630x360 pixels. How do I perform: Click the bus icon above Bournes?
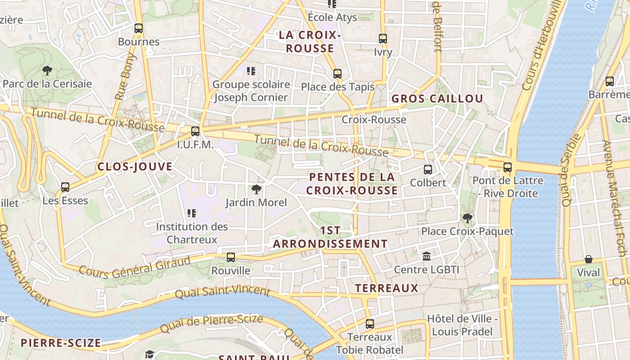[139, 28]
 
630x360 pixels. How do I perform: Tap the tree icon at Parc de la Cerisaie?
[47, 71]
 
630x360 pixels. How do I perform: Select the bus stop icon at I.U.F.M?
[195, 131]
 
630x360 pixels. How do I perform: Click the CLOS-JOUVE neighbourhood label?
[135, 167]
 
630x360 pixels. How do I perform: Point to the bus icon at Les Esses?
[65, 187]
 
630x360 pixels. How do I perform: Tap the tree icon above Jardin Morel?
[256, 189]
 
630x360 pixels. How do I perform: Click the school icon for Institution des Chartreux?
[192, 213]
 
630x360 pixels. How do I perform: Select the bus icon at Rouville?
[231, 257]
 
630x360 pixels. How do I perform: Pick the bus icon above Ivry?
[383, 39]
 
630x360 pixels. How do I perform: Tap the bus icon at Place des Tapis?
[337, 74]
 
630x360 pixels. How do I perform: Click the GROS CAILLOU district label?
[437, 99]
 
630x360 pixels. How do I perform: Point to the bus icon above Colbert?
[428, 170]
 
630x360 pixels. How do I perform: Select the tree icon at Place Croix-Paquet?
[468, 218]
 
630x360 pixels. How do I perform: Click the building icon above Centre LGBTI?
[427, 256]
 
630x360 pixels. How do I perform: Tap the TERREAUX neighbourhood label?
[387, 288]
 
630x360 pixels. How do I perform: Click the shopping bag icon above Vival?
[589, 260]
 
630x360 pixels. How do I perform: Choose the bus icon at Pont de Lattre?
[508, 167]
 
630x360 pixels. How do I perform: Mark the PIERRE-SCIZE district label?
[61, 343]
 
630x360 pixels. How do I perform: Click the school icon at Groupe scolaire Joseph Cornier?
[251, 71]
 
